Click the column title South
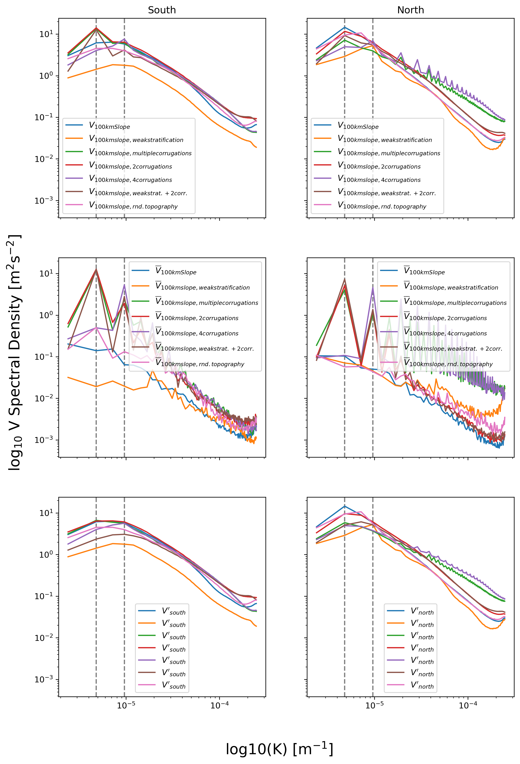click(162, 10)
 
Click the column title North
click(410, 10)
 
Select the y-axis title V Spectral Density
click(15, 352)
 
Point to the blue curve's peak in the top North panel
click(344, 27)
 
